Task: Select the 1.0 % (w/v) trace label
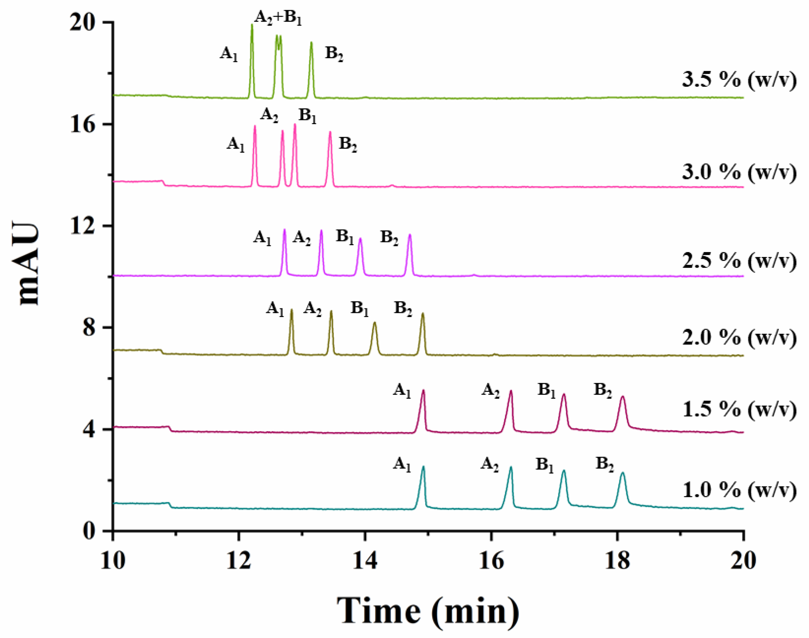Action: (x=739, y=490)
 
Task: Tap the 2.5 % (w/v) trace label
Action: (x=739, y=261)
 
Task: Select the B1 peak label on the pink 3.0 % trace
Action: (x=308, y=116)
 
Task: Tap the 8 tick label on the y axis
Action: (x=90, y=328)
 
